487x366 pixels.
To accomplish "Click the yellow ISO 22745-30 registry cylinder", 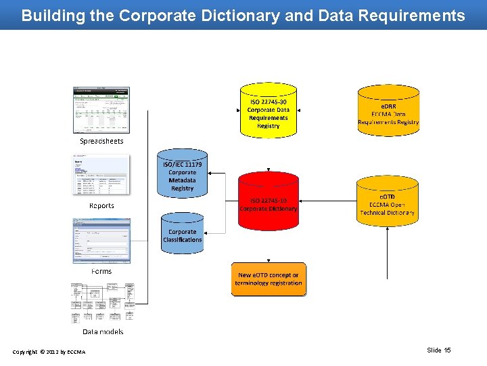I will click(269, 110).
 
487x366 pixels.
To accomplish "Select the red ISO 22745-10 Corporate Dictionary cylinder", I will click(269, 203).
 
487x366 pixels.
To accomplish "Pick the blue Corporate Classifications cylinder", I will click(182, 234).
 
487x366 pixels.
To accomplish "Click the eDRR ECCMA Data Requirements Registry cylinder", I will click(388, 110).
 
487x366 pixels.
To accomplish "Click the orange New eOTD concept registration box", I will click(269, 279).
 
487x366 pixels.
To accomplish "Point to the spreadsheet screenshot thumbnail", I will click(101, 110).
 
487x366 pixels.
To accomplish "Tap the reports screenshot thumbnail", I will click(101, 176).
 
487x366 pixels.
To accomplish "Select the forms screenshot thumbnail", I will click(101, 241).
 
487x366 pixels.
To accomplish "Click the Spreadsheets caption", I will click(101, 142).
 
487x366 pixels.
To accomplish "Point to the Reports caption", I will click(101, 205).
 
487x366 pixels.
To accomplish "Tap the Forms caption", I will click(101, 271).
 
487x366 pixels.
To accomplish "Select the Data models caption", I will click(103, 332).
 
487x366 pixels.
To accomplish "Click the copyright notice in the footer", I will click(49, 351).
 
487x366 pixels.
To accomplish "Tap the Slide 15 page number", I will click(439, 350).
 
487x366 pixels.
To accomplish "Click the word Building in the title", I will click(51, 16).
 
